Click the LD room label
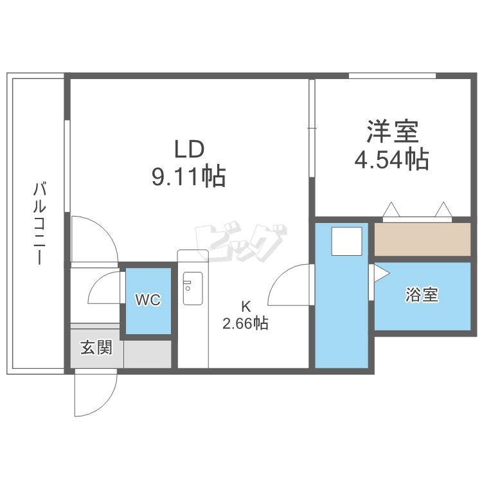click(x=190, y=149)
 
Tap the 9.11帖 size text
click(x=189, y=177)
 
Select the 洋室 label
click(x=393, y=132)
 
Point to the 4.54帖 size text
click(x=391, y=159)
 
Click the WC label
click(x=148, y=299)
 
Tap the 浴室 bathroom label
click(x=422, y=294)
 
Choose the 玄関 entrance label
click(x=96, y=347)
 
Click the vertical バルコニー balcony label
click(x=40, y=223)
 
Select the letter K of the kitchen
click(x=245, y=306)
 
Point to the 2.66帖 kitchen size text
click(x=245, y=323)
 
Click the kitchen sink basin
click(x=193, y=289)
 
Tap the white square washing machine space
click(x=346, y=241)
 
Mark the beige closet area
click(x=422, y=239)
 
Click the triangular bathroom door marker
click(x=382, y=273)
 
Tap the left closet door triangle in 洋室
click(x=391, y=210)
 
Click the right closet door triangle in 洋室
click(x=443, y=210)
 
